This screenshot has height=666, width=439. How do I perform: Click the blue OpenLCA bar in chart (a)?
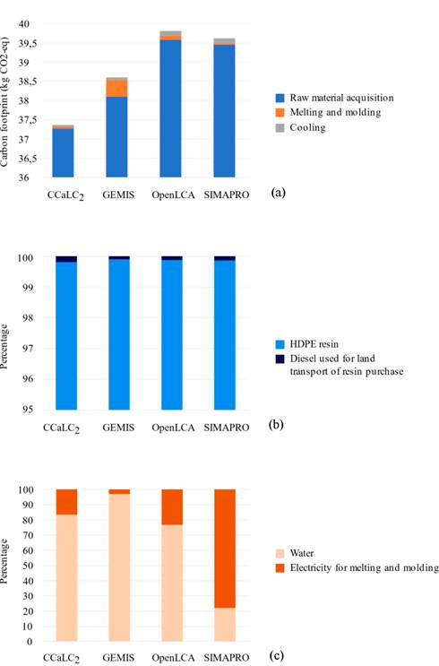click(x=170, y=108)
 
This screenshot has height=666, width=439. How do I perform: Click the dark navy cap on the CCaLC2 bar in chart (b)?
click(x=66, y=258)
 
